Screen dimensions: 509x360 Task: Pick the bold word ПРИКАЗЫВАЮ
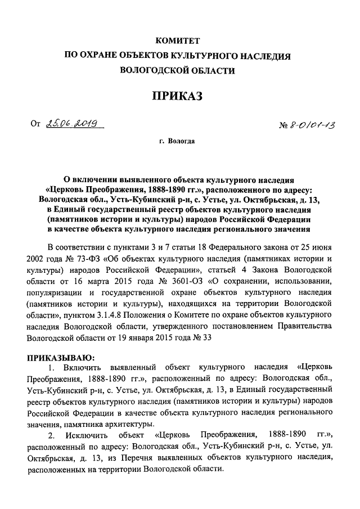pyautogui.click(x=60, y=357)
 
